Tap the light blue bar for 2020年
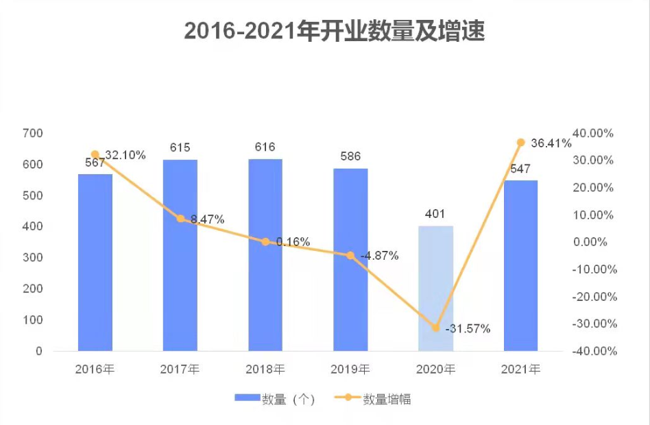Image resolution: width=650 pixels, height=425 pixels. pos(435,288)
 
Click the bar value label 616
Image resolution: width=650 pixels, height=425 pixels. pos(265,147)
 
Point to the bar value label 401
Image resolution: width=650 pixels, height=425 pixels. pos(435,214)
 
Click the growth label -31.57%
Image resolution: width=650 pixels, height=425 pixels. pos(468,329)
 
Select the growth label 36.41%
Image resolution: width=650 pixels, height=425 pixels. pos(551,144)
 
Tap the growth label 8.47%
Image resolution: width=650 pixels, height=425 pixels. pos(207,219)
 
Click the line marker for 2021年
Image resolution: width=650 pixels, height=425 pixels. pos(520,143)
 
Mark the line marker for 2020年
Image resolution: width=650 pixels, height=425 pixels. pos(435,328)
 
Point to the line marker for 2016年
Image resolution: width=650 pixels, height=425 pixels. pos(95,155)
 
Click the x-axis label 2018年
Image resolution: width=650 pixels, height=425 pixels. pos(265,369)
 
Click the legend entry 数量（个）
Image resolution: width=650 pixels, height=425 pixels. pos(274,399)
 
